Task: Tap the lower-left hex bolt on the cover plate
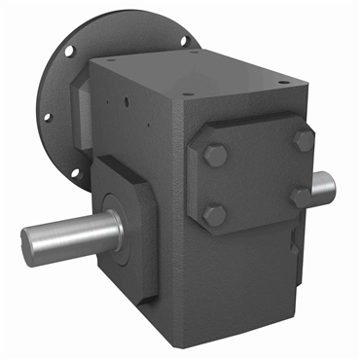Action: (x=216, y=215)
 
